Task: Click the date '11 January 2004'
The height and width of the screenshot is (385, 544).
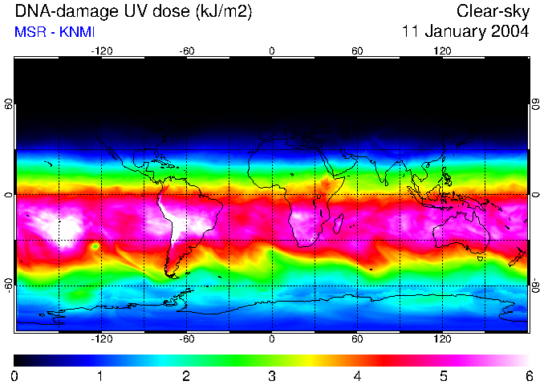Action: [x=465, y=32]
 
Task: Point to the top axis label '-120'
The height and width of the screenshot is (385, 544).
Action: [x=101, y=51]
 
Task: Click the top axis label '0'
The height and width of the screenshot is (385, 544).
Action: [x=272, y=51]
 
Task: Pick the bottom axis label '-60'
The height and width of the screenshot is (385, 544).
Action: [x=186, y=338]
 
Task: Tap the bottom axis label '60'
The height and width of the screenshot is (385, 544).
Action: [x=357, y=338]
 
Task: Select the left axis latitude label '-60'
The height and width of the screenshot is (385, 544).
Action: [x=9, y=285]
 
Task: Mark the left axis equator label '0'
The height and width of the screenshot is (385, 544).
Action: [x=9, y=195]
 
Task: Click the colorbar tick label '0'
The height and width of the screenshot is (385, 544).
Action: [x=14, y=375]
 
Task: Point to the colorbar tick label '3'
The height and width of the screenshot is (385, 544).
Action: [x=272, y=375]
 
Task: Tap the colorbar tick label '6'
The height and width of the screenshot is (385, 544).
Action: [x=529, y=375]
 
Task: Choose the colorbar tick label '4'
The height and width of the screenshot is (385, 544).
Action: [x=357, y=375]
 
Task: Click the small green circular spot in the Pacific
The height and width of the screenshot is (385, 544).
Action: [x=95, y=245]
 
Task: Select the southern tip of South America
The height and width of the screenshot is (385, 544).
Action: [x=171, y=275]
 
